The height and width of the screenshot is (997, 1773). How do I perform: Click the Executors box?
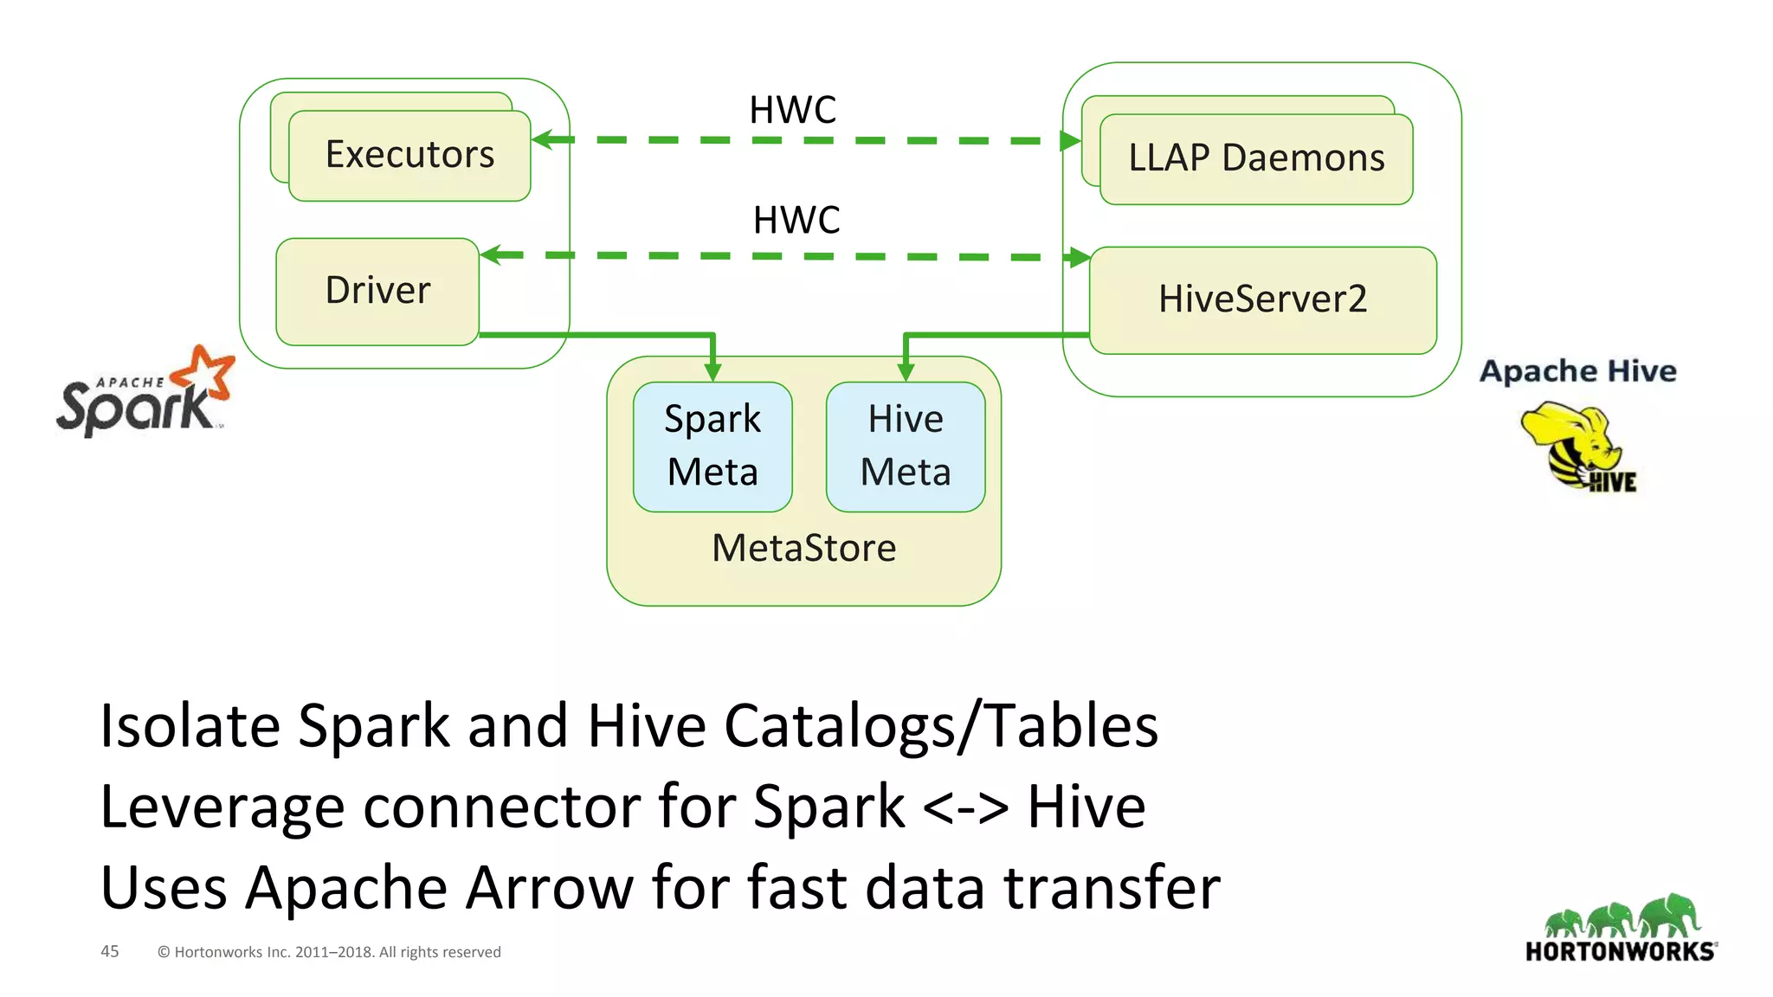409,156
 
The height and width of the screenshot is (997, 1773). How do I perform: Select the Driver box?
377,291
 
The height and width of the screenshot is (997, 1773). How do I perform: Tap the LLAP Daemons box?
1256,158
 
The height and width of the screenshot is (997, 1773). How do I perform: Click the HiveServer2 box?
1262,299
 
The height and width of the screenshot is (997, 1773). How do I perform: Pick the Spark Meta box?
712,447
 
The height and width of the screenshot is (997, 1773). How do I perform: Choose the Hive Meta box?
906,447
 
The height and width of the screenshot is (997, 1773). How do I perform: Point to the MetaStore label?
803,549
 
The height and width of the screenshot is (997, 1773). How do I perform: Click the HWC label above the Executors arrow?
792,111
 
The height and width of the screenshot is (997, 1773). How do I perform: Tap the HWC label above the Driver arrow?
796,221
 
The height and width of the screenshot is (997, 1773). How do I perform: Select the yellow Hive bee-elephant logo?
1578,447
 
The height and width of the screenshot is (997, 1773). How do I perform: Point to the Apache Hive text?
1577,371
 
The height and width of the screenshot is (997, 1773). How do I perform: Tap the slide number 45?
110,951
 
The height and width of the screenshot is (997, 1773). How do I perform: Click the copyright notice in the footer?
329,952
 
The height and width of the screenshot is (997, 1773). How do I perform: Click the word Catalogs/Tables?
941,725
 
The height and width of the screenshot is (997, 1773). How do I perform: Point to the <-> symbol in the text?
965,807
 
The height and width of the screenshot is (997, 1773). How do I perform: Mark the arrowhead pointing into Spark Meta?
712,372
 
